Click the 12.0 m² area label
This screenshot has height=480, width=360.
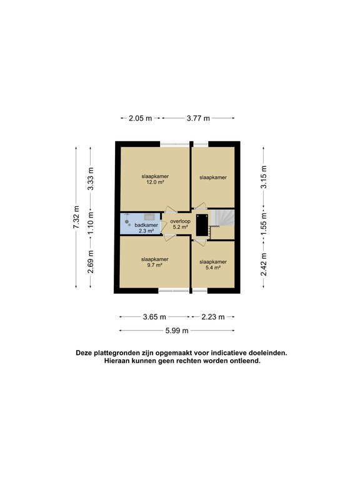[155, 182]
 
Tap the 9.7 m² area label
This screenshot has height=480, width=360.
[154, 265]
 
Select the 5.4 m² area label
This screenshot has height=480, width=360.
[213, 267]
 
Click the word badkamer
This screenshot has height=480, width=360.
[146, 225]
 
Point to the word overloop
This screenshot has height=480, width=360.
[180, 221]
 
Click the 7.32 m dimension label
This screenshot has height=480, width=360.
[76, 217]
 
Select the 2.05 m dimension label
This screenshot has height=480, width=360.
[140, 118]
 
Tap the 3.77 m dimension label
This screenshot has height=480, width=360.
[198, 118]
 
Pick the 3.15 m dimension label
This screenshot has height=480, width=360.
[264, 177]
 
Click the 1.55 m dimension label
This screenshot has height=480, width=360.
[264, 224]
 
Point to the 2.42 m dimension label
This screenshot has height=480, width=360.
[264, 264]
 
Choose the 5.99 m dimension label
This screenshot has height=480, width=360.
[177, 331]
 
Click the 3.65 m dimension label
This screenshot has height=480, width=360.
[154, 317]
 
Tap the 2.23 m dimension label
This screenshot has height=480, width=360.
[213, 317]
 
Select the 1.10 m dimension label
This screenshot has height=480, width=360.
[91, 224]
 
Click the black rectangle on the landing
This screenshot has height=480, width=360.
[202, 225]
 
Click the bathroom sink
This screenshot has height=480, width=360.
[150, 217]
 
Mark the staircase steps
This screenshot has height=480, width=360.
[223, 218]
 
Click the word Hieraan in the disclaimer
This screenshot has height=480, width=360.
[117, 361]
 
